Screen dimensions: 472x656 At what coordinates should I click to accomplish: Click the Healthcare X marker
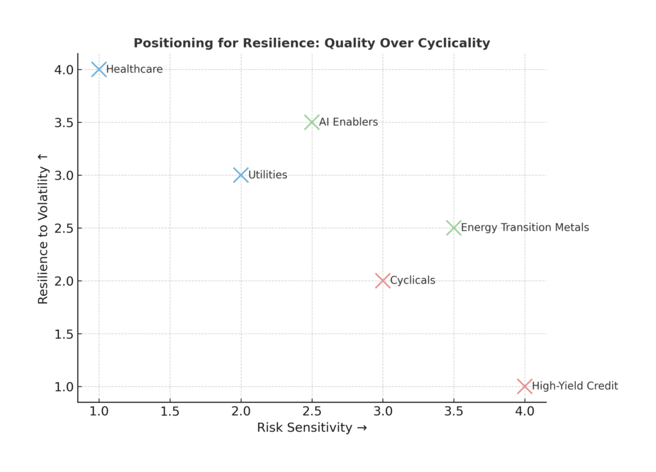[99, 69]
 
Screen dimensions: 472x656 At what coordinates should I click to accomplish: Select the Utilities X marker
[241, 175]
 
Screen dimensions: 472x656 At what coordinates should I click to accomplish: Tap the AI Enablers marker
[312, 122]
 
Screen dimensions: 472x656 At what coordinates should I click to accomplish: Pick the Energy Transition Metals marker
[454, 227]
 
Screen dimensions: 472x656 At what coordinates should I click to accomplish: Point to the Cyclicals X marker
[383, 281]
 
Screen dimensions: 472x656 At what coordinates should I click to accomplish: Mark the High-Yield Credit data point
[525, 386]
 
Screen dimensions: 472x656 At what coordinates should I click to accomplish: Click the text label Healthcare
[135, 69]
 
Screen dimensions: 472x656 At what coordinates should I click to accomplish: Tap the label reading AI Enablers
[348, 122]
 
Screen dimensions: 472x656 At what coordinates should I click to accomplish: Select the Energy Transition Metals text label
[525, 227]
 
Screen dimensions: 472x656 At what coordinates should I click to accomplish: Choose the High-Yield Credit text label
[575, 386]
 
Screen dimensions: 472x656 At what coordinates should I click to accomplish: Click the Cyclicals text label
[413, 281]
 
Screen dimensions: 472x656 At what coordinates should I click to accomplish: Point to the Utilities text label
[268, 175]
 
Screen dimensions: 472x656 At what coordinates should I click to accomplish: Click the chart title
[311, 44]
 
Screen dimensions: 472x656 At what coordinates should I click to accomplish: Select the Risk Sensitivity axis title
[311, 428]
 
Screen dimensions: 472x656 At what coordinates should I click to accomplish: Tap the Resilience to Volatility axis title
[44, 227]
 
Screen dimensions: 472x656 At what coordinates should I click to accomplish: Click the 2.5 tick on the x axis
[312, 410]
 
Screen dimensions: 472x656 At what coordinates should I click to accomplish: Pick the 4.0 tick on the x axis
[525, 410]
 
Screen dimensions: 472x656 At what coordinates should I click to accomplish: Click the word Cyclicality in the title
[454, 44]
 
